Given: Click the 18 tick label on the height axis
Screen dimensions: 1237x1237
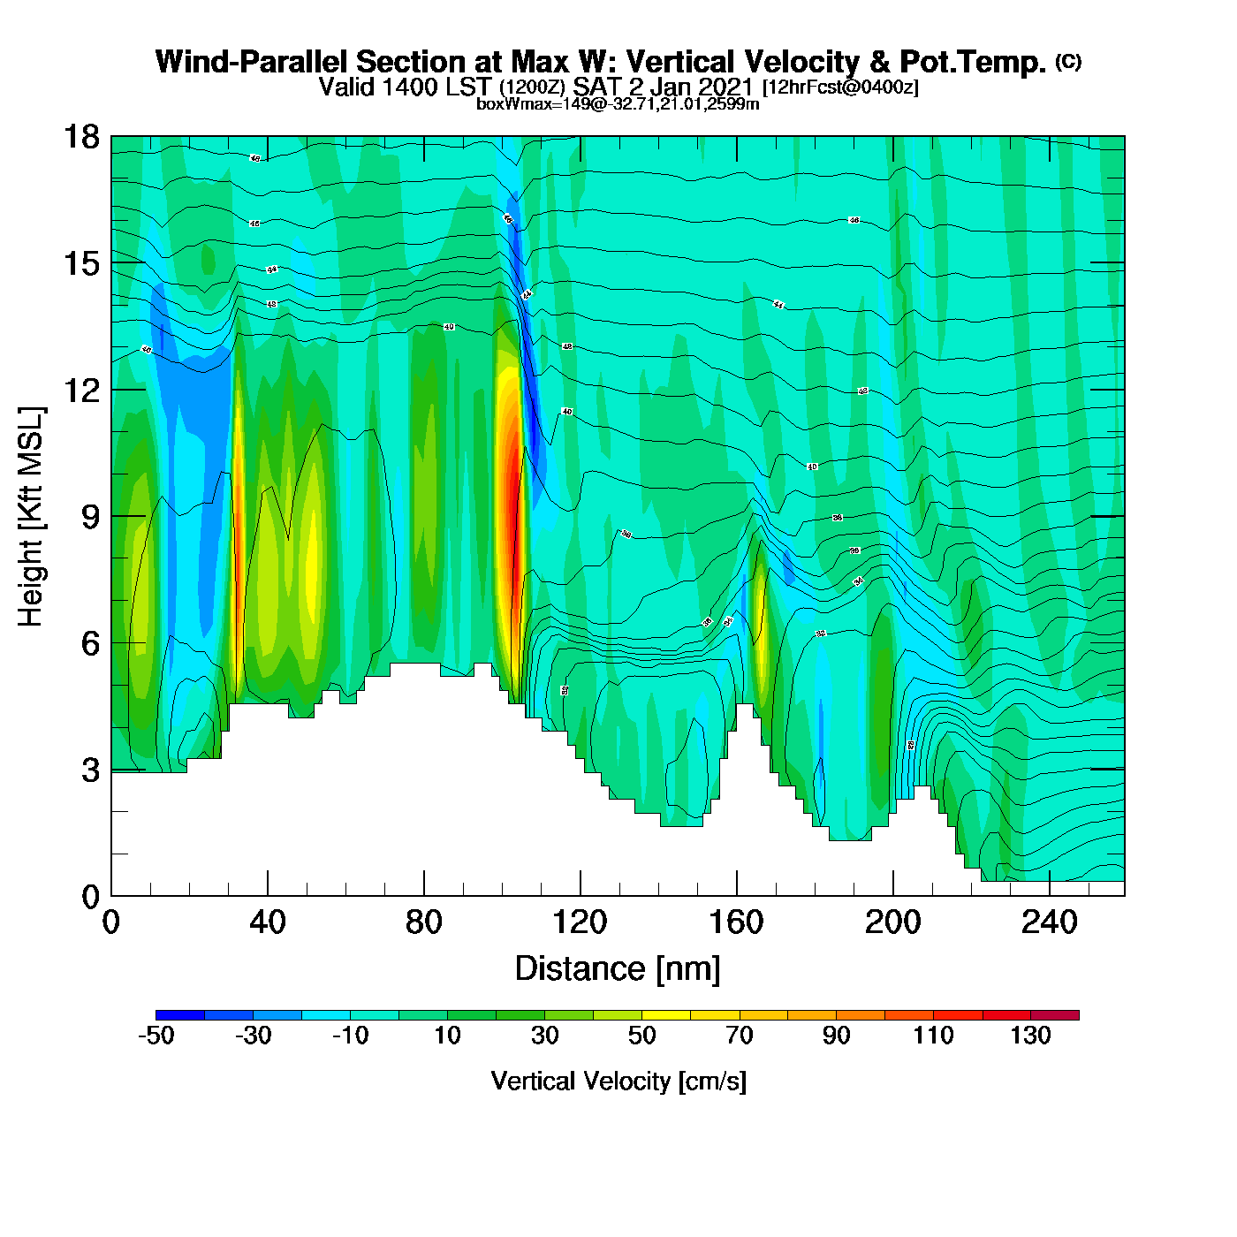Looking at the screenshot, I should pyautogui.click(x=81, y=137).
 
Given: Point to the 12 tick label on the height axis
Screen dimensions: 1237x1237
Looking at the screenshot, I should pyautogui.click(x=81, y=390).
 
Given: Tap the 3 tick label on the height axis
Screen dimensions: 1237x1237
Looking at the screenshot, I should pyautogui.click(x=90, y=770).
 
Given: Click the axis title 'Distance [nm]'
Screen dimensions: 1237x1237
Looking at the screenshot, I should pyautogui.click(x=618, y=969).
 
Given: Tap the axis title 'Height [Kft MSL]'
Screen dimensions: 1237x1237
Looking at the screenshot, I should pyautogui.click(x=31, y=517).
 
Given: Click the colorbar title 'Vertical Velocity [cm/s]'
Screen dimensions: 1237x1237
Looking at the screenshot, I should pyautogui.click(x=618, y=1081).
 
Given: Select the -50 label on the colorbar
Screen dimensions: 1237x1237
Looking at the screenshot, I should pyautogui.click(x=156, y=1036).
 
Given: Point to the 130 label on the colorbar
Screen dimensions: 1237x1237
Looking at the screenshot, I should pyautogui.click(x=1030, y=1036).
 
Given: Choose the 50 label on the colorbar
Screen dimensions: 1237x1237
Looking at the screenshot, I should pyautogui.click(x=641, y=1036).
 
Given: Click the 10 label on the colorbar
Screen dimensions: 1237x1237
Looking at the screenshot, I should pyautogui.click(x=447, y=1036).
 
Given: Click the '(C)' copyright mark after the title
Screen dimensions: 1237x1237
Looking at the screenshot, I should pyautogui.click(x=1067, y=61).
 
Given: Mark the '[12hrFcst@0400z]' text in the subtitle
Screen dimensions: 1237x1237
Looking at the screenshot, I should pyautogui.click(x=840, y=87).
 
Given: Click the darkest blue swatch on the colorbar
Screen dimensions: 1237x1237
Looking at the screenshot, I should pyautogui.click(x=180, y=1015).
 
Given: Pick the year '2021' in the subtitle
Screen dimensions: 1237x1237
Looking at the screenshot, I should pyautogui.click(x=724, y=87).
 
